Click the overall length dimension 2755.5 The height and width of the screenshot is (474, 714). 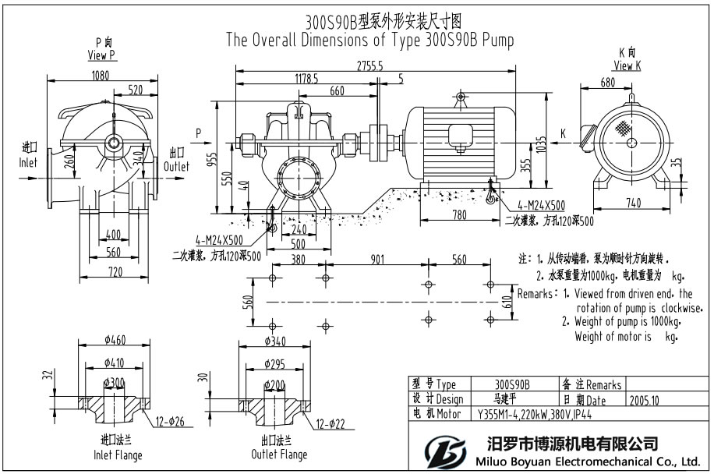(370, 67)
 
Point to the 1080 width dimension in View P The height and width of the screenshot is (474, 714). (101, 76)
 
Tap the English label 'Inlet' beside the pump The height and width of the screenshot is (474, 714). (29, 163)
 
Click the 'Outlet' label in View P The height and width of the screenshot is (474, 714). (177, 167)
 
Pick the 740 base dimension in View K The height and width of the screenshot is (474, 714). (632, 203)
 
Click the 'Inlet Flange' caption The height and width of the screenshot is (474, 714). (117, 455)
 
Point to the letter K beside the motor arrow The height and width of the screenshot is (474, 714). (562, 134)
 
